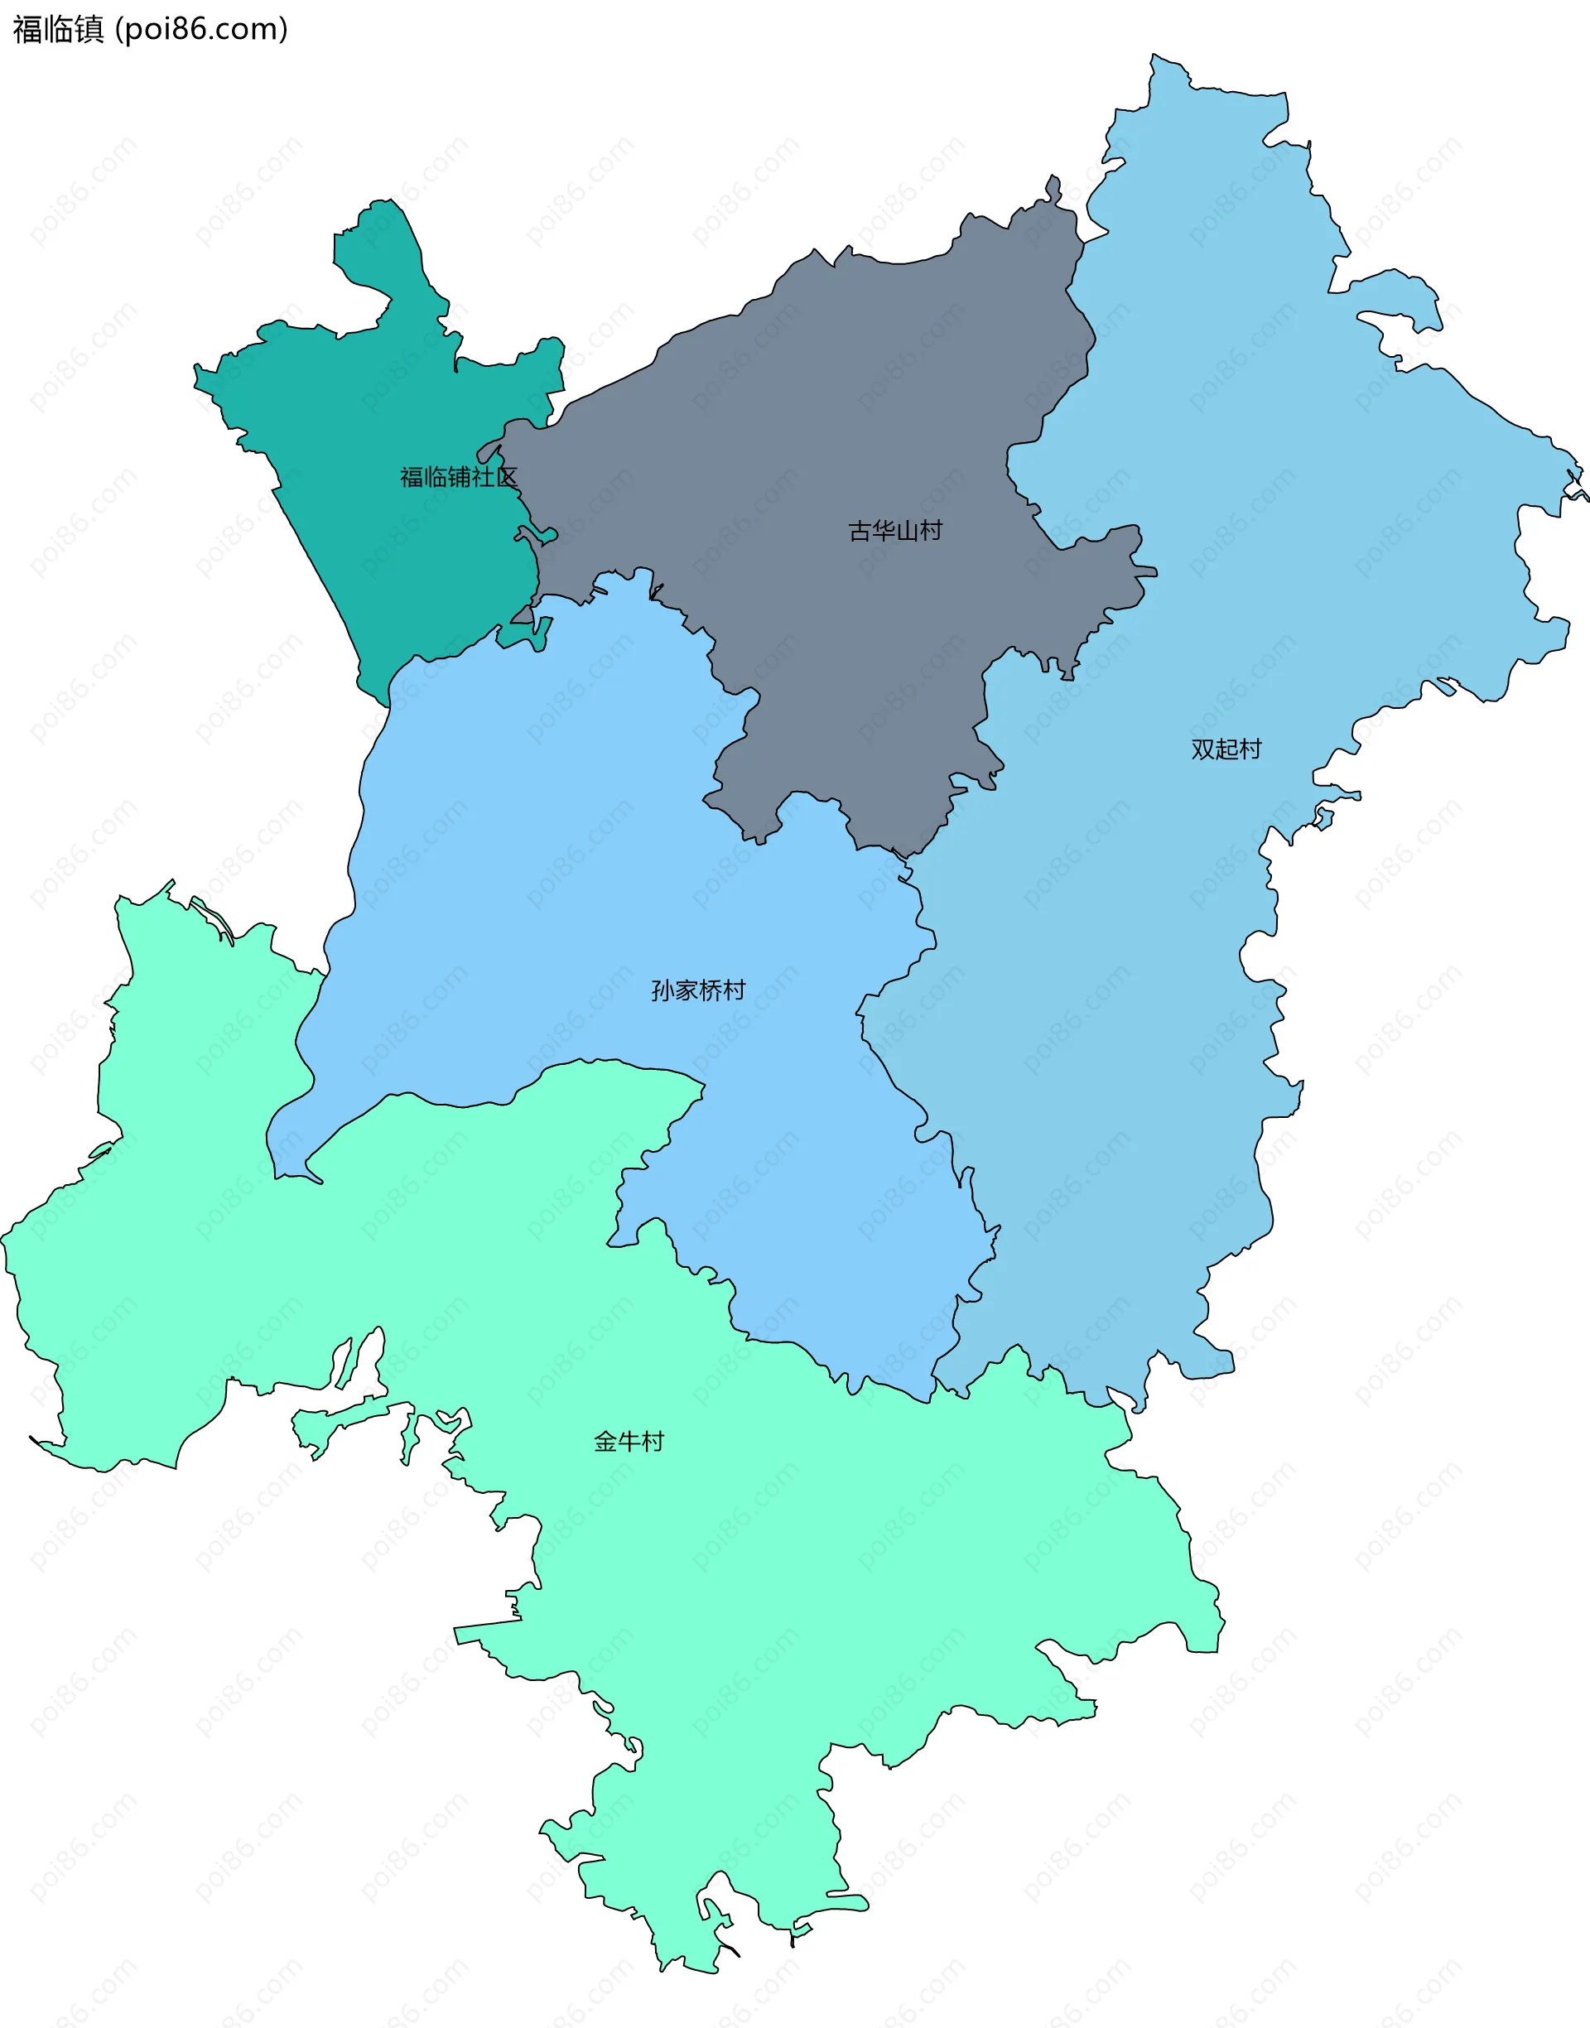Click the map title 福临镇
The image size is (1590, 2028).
[58, 30]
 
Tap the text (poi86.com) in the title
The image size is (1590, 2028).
[201, 30]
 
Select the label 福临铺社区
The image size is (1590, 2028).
[458, 478]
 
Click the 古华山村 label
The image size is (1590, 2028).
[894, 531]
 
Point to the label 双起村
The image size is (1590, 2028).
[1226, 749]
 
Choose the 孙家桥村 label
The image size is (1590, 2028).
[698, 990]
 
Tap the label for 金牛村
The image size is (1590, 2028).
[629, 1442]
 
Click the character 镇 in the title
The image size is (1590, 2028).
[89, 30]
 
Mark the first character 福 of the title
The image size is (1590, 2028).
[27, 30]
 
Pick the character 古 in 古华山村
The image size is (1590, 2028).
[860, 531]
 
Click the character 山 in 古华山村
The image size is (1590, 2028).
[907, 531]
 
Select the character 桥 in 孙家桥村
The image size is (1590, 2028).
[711, 990]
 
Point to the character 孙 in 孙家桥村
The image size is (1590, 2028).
[662, 990]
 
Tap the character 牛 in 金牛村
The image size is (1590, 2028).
[629, 1442]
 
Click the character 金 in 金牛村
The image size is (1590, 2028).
[605, 1442]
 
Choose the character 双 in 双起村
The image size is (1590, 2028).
[1202, 749]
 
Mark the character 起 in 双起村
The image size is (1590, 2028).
[1226, 749]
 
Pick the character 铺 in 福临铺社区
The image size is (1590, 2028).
[458, 478]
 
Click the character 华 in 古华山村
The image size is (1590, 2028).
[883, 531]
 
